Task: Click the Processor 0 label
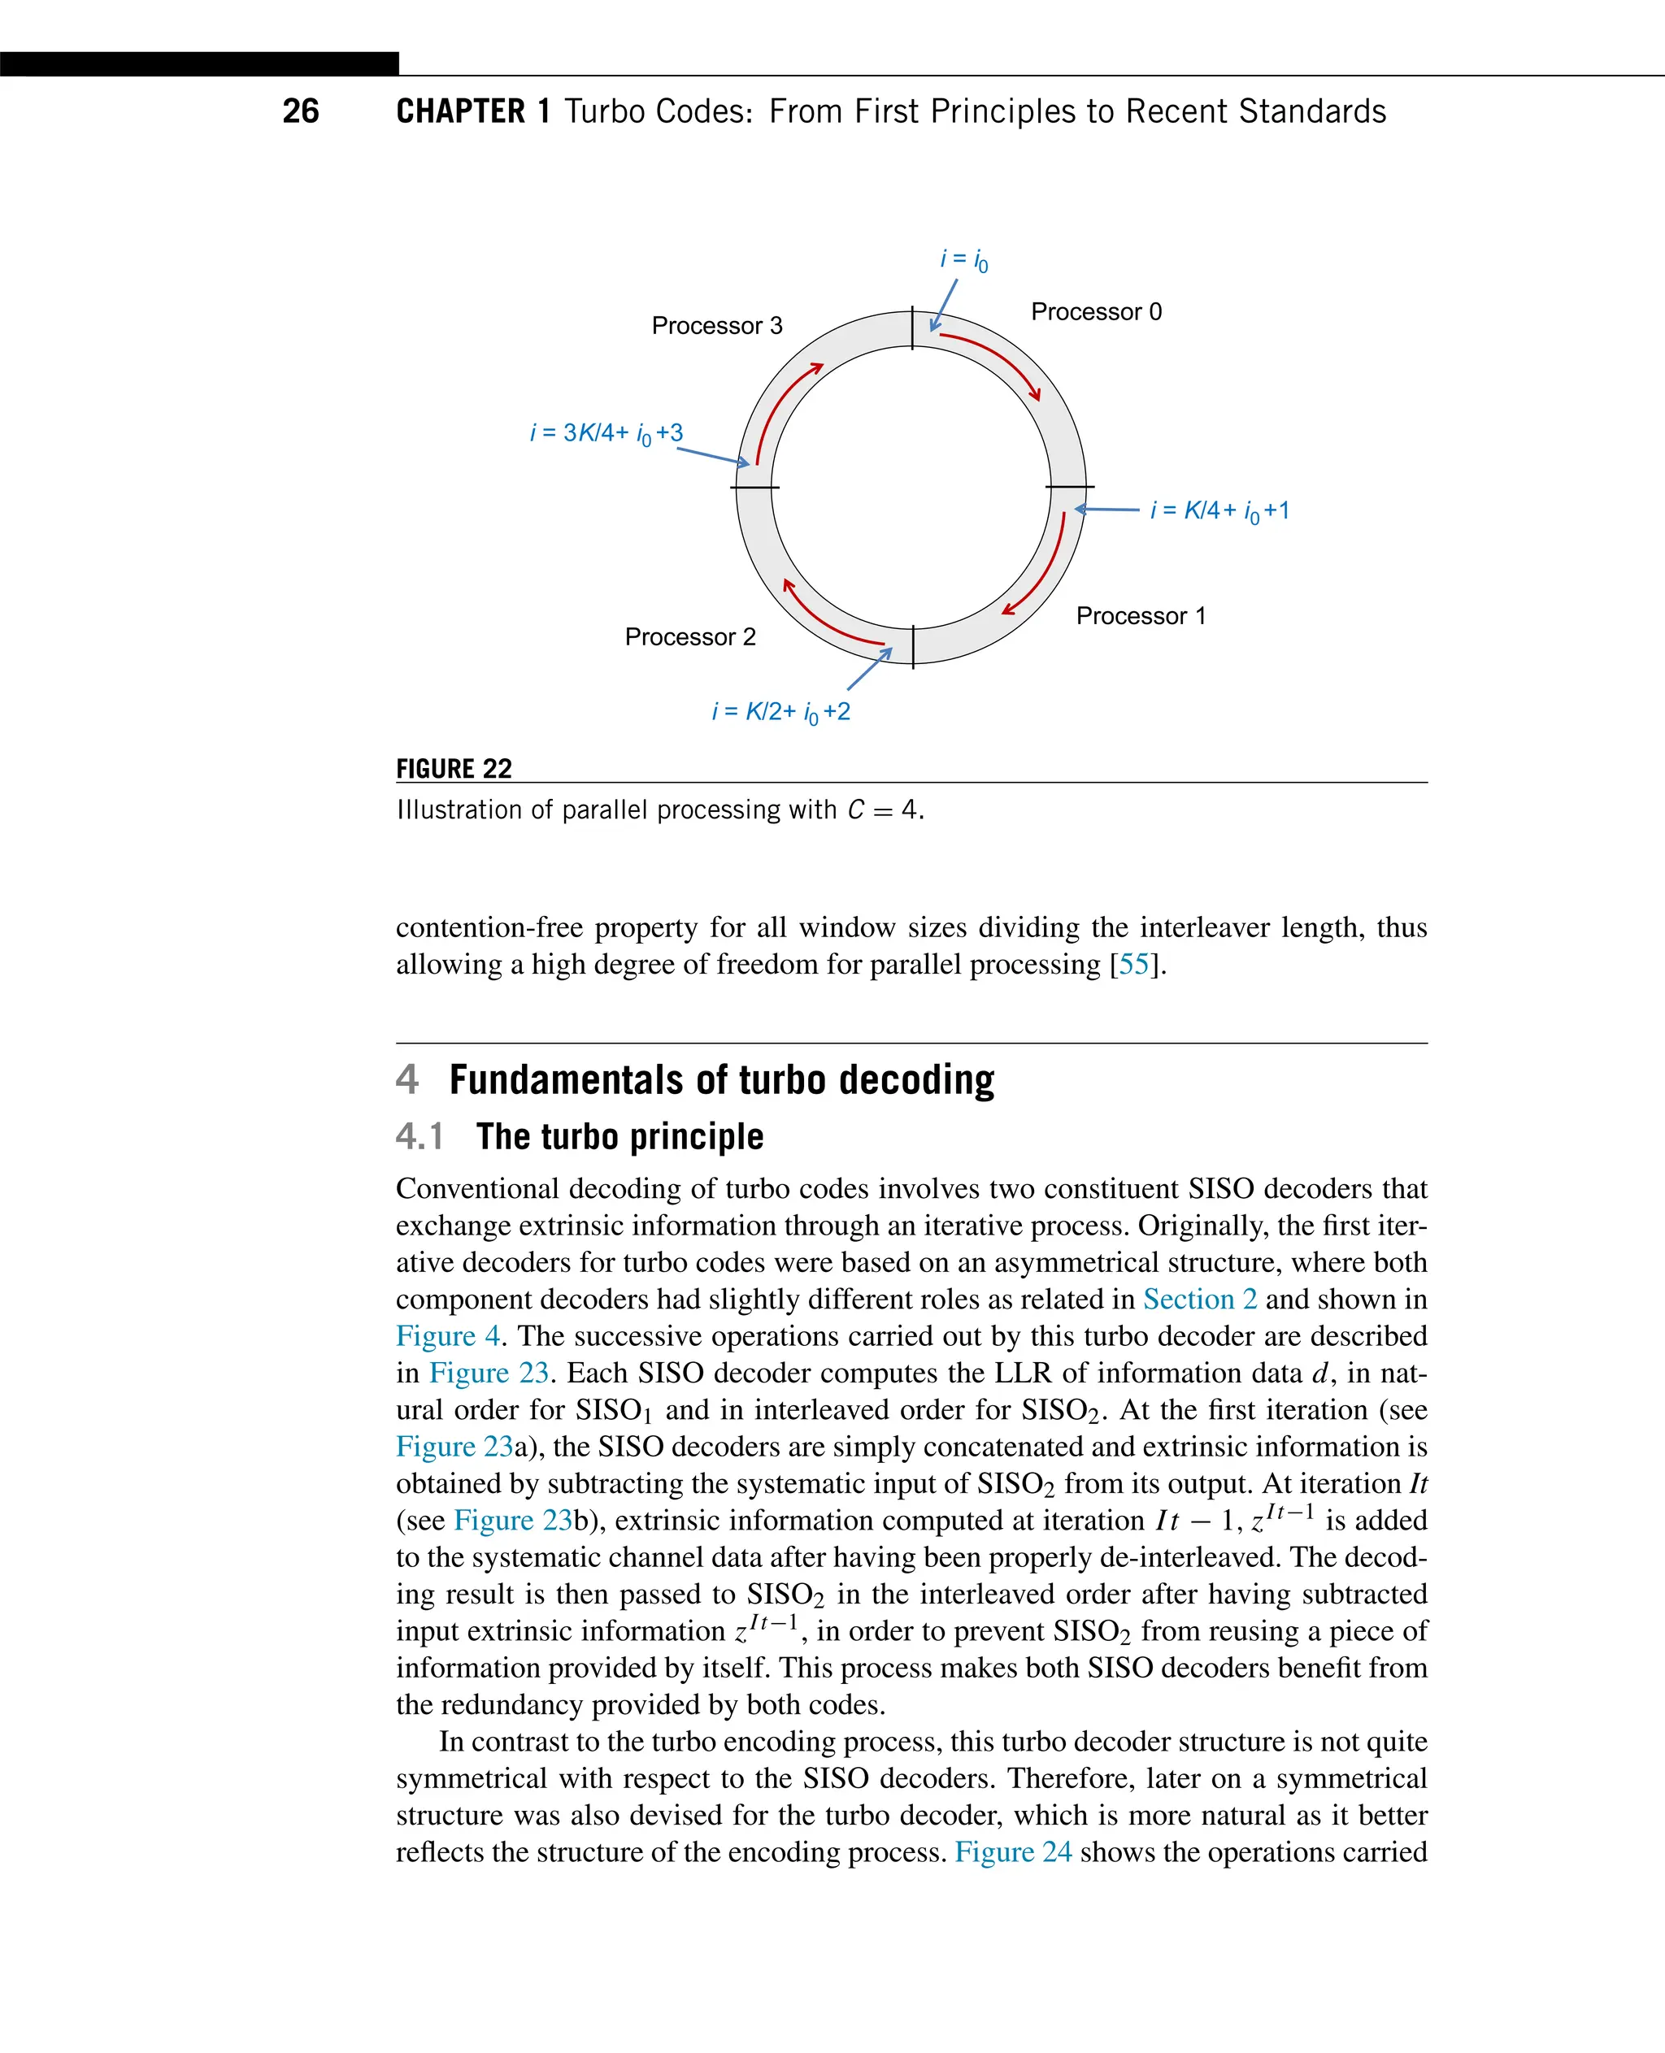tap(1095, 311)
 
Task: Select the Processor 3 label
tap(716, 326)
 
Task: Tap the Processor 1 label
tap(1141, 615)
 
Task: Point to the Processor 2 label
tap(689, 636)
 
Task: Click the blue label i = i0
tap(963, 260)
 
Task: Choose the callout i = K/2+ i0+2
tap(780, 711)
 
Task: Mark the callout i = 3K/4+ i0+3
tap(606, 433)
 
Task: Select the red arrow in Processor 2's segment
tap(826, 619)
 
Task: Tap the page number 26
tap(300, 111)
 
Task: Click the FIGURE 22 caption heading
tap(454, 769)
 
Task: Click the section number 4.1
tap(420, 1136)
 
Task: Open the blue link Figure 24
tap(1013, 1851)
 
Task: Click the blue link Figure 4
tap(448, 1335)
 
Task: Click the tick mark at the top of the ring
tap(912, 329)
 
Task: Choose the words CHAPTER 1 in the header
tap(473, 111)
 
